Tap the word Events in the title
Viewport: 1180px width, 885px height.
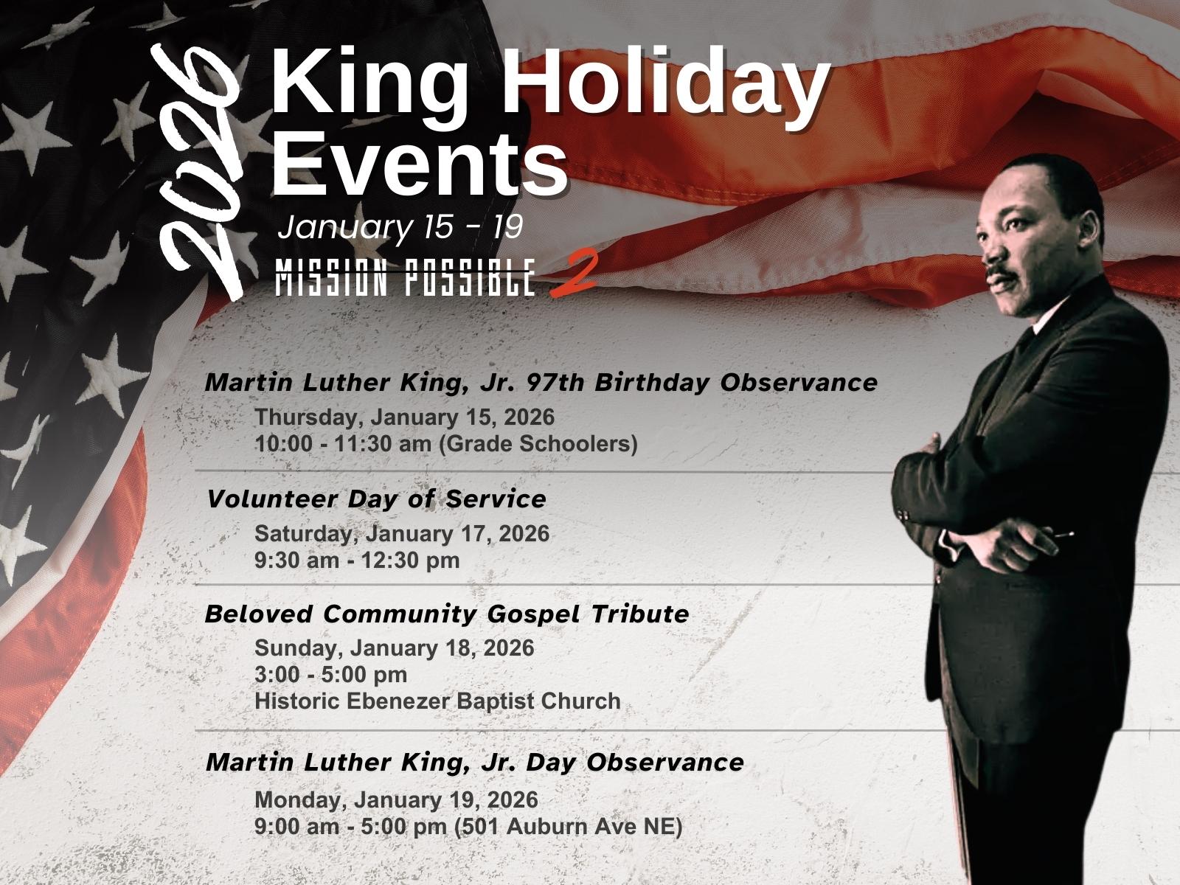(420, 163)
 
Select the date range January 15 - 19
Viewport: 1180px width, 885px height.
(400, 226)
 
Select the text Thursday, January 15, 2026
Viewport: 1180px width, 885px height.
(404, 417)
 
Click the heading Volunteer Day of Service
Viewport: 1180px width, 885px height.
(377, 499)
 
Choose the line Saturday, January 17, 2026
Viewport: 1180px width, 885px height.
(402, 533)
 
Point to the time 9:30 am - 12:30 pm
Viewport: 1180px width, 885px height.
(357, 560)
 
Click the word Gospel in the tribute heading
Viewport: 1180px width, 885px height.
(532, 614)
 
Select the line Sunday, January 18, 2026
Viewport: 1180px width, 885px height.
(395, 648)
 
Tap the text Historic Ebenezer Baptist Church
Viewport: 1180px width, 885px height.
(437, 701)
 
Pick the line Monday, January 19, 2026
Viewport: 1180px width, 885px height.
(396, 800)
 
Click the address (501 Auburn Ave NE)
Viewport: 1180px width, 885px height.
(568, 827)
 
